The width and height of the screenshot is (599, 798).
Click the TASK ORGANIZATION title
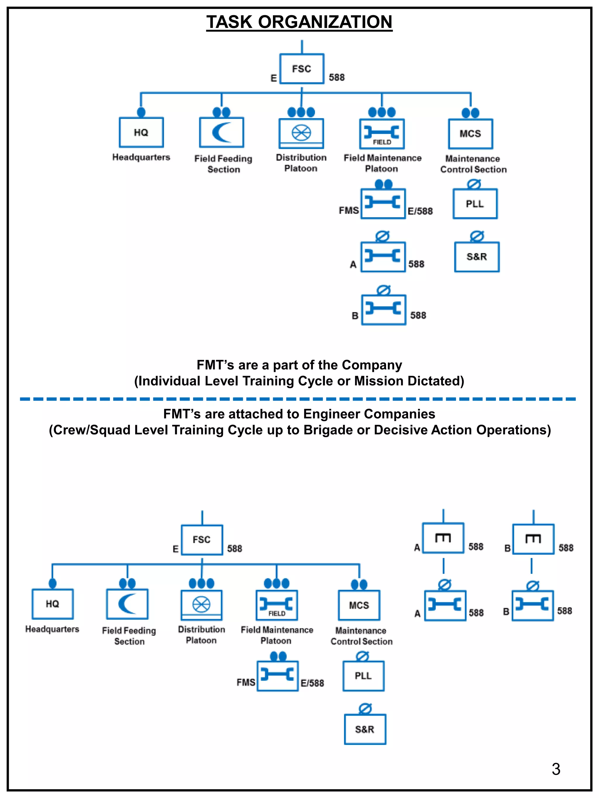click(299, 22)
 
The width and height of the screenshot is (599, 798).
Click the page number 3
click(556, 769)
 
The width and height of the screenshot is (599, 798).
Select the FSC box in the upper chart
click(302, 69)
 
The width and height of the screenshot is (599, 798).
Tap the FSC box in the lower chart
click(202, 540)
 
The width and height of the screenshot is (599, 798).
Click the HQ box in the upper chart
click(141, 132)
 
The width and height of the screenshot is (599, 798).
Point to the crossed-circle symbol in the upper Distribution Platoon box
click(301, 133)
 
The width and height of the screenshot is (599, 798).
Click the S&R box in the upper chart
click(477, 257)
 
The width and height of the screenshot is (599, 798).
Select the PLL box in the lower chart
click(363, 676)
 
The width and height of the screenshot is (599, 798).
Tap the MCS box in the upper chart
click(471, 134)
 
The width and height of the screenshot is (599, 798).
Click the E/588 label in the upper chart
click(420, 211)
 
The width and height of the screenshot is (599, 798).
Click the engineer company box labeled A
click(443, 538)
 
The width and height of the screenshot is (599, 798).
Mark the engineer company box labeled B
click(533, 539)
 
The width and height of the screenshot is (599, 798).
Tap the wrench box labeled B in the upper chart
click(384, 309)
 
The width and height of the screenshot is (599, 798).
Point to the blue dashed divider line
click(298, 399)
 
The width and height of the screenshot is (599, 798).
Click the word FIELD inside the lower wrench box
click(277, 613)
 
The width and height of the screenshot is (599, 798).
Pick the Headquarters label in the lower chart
click(52, 629)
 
